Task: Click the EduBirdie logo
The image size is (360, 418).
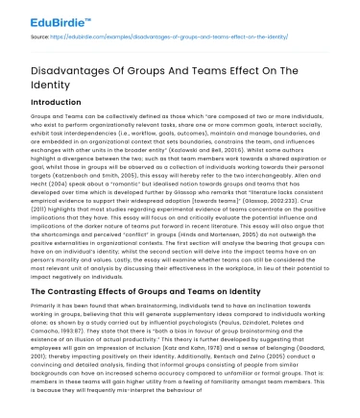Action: click(x=44, y=17)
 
